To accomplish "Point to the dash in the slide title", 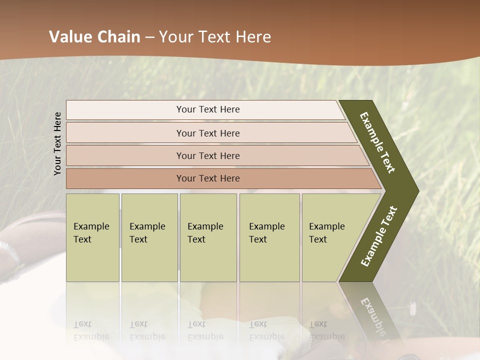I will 149,37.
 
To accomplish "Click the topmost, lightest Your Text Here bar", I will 207,109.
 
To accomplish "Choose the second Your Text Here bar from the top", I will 207,133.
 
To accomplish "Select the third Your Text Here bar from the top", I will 207,155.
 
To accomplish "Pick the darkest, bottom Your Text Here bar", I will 207,178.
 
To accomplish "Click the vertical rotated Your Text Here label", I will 57,143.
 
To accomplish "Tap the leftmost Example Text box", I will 92,237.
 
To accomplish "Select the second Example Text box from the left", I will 149,237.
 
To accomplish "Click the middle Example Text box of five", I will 208,237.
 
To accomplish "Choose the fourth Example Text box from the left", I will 269,237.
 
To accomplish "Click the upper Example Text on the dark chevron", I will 378,142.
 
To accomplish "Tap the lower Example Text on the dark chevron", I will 378,236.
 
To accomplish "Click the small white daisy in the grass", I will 413,308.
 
